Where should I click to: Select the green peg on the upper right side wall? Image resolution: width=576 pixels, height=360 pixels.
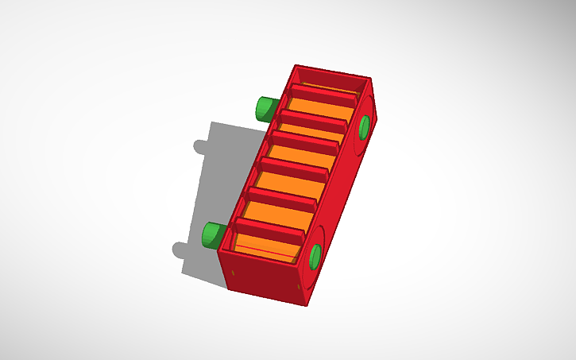point(365,126)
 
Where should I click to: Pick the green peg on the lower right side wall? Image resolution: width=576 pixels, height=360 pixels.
point(315,256)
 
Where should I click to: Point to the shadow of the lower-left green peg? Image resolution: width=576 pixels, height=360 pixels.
point(180,250)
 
